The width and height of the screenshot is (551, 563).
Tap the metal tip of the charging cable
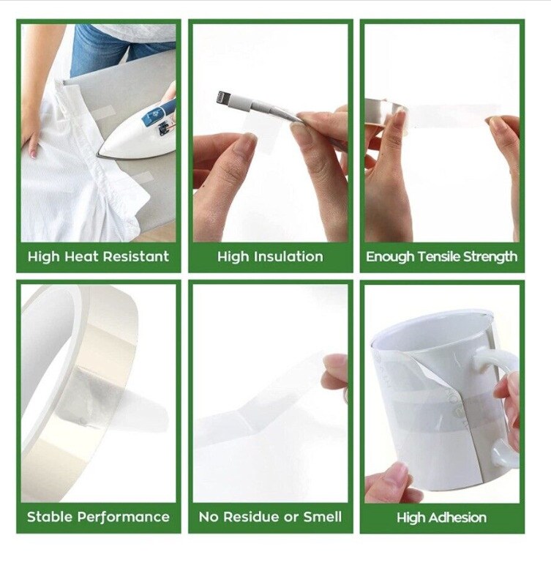[222, 97]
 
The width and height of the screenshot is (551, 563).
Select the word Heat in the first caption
[81, 256]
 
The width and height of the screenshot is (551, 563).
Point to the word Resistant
[136, 256]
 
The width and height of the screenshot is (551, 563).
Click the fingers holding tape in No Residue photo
[336, 373]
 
